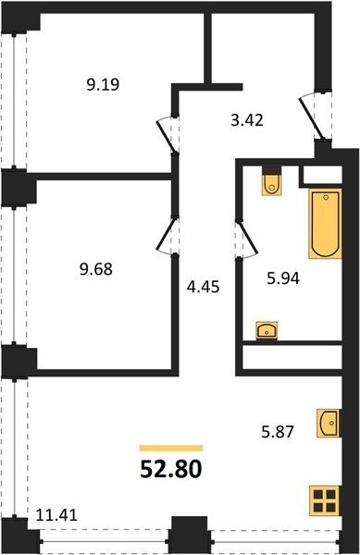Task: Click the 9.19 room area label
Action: click(103, 84)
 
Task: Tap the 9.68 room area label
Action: click(96, 269)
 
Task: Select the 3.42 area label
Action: click(247, 120)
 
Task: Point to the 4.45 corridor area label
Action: click(204, 287)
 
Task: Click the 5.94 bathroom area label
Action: click(283, 279)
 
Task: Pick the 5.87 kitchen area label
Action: click(278, 432)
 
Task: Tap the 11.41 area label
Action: click(56, 514)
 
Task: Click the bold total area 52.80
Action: click(171, 469)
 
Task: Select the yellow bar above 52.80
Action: click(171, 449)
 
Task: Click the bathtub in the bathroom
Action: click(325, 223)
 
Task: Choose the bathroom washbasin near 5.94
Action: click(267, 331)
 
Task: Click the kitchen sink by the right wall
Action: click(328, 423)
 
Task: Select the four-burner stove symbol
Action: click(324, 500)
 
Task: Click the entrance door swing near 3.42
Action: click(314, 116)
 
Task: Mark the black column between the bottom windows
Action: click(190, 535)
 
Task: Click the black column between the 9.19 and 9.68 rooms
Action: click(19, 187)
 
